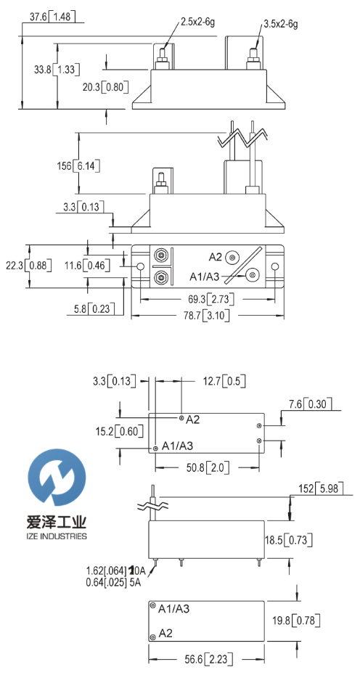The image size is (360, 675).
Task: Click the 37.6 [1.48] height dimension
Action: click(x=52, y=17)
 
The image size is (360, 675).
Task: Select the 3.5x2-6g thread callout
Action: click(x=280, y=24)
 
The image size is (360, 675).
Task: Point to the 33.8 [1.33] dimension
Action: click(x=57, y=69)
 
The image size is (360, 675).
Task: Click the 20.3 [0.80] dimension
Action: click(x=106, y=87)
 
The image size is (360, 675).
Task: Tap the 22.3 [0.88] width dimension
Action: click(x=28, y=265)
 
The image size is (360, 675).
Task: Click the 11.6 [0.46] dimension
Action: click(x=87, y=265)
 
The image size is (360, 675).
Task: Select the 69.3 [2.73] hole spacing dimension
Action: click(x=208, y=298)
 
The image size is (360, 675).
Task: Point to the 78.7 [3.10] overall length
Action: click(x=208, y=316)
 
